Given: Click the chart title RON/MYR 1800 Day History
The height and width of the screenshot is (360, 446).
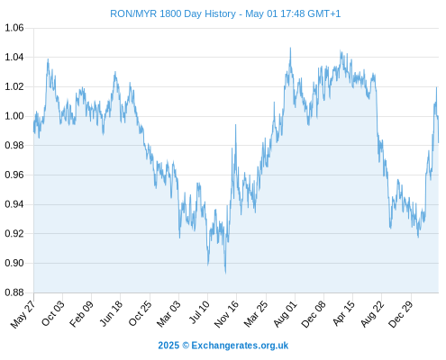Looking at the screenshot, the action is click(173, 13).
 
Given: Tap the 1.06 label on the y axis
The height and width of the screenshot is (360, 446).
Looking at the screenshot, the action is click(14, 28).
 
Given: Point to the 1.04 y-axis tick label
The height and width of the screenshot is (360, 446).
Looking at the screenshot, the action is click(14, 57).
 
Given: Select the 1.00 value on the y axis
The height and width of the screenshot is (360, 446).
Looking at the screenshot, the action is click(14, 116).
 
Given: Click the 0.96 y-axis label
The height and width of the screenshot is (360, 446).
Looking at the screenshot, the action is click(14, 175).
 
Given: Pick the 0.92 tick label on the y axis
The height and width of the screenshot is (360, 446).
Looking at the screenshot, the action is click(14, 233).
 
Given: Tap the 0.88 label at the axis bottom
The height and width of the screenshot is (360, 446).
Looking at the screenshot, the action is click(14, 292).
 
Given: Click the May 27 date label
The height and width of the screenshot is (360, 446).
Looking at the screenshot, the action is click(23, 313).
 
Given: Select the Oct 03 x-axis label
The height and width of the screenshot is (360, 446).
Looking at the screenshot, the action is click(53, 312).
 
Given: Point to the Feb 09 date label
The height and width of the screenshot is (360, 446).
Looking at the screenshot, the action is click(81, 313).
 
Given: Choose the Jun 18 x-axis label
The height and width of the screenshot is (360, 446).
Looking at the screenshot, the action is click(111, 312).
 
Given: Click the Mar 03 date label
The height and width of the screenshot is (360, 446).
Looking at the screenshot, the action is click(169, 313).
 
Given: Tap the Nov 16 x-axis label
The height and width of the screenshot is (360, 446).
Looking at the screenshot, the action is click(227, 313).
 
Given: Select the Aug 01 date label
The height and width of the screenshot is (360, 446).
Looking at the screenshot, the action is click(286, 313).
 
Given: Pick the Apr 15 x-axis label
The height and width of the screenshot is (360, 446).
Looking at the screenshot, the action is click(344, 312).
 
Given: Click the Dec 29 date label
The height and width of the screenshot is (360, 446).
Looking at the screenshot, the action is click(402, 313).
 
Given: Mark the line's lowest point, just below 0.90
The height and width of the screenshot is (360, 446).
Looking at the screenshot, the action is click(225, 273).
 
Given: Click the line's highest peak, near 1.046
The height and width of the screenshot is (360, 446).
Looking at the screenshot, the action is click(290, 48).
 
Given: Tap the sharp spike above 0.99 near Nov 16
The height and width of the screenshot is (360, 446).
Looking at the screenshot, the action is click(235, 125).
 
